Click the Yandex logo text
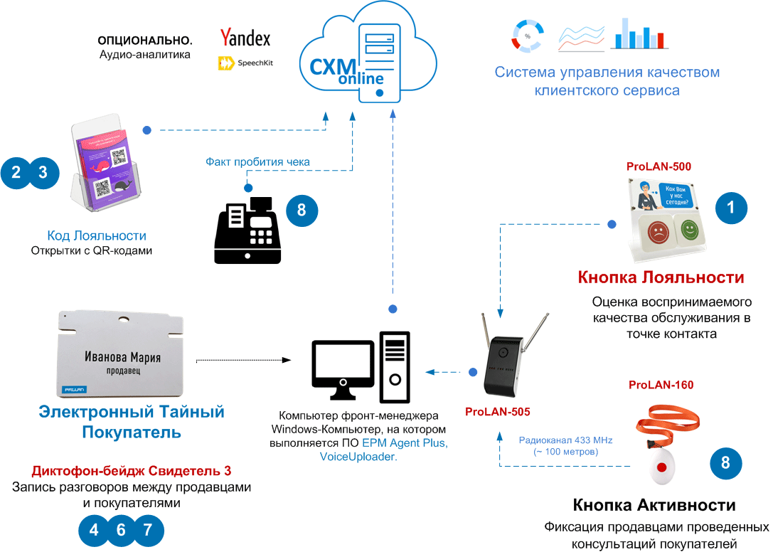(x=245, y=37)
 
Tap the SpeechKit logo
(x=245, y=63)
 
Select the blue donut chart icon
(x=528, y=35)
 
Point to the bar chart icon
(x=638, y=33)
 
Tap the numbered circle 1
(x=730, y=208)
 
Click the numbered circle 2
(x=16, y=172)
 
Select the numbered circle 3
(x=43, y=172)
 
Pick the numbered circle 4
(x=95, y=529)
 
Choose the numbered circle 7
(x=148, y=529)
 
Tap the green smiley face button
(x=688, y=229)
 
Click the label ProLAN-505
(x=497, y=411)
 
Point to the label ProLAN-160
(x=661, y=385)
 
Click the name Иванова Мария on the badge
(x=122, y=357)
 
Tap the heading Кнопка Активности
(x=654, y=505)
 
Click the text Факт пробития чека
(x=257, y=161)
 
